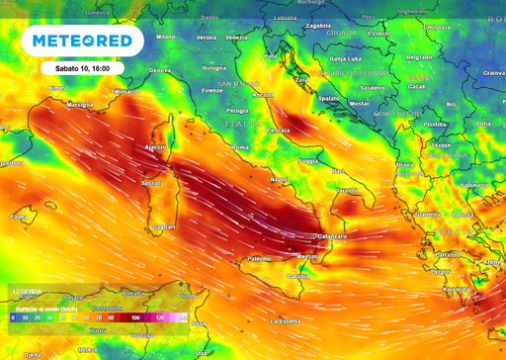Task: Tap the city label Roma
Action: point(239,147)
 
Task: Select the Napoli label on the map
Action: point(282,179)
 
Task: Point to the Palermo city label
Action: point(259,258)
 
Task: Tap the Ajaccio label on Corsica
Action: point(157,146)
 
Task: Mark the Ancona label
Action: point(263,94)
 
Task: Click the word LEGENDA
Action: point(26,291)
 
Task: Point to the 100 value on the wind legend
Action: point(133,317)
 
